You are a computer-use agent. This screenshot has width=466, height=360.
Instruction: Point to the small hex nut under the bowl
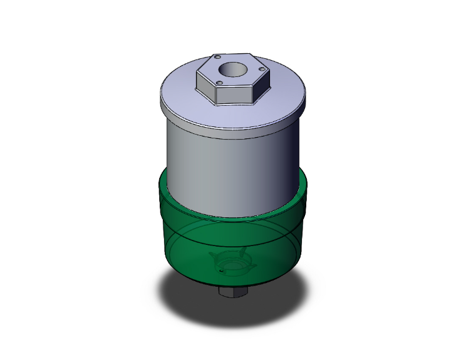tap(233, 292)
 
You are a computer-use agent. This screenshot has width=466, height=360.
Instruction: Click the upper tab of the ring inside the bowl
tap(240, 252)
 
